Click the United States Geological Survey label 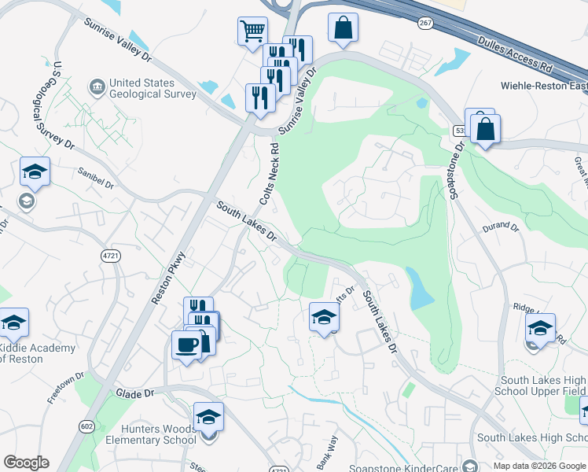coord(152,88)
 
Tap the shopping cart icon coord(252,32)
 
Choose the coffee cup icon coord(186,344)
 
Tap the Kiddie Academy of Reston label coord(37,353)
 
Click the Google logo coord(26,463)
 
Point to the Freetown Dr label coord(64,388)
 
